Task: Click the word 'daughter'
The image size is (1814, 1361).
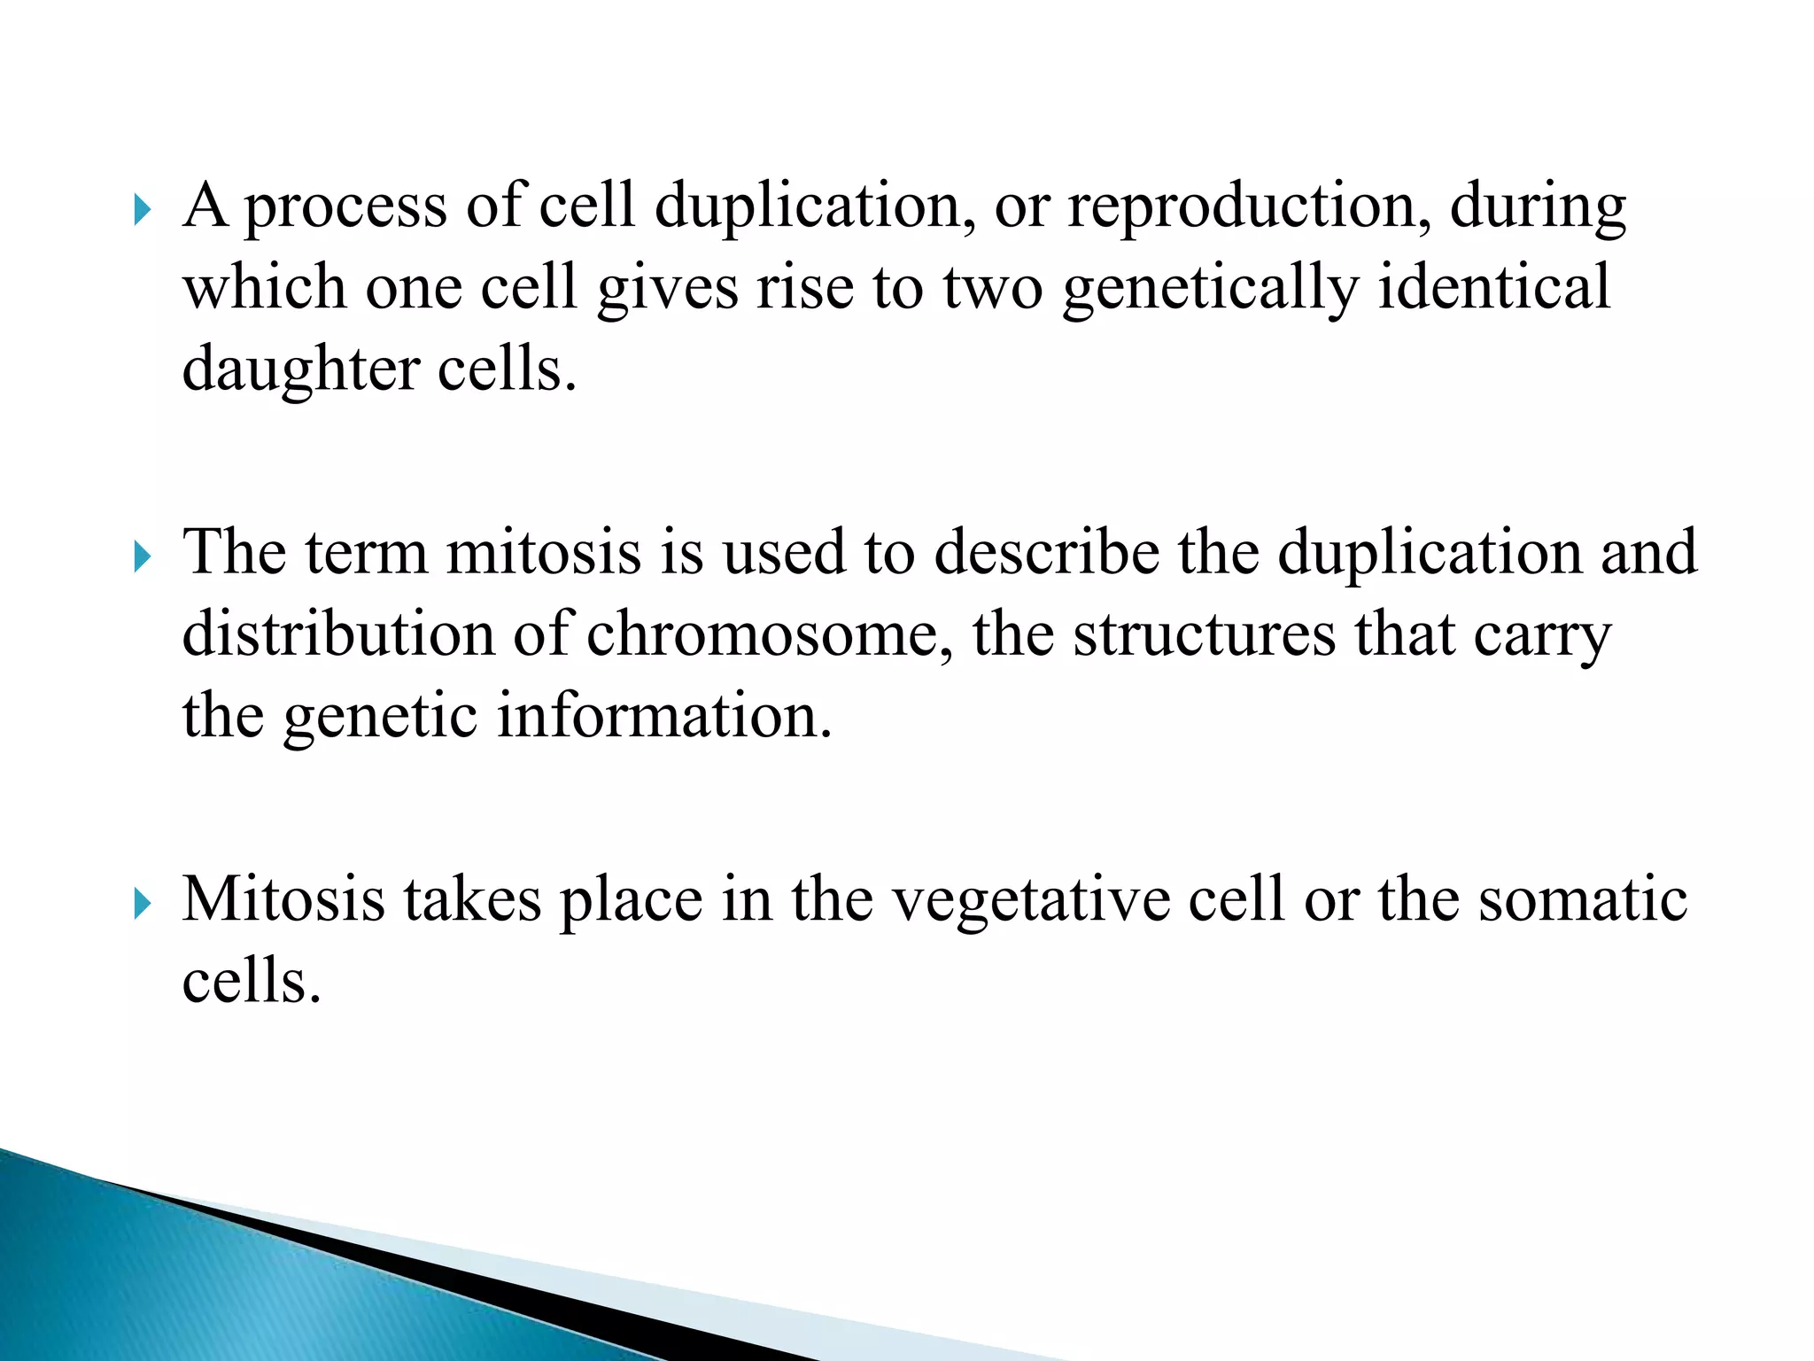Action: (x=300, y=371)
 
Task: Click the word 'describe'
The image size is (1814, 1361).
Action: (x=1046, y=553)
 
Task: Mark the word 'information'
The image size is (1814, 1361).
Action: (x=664, y=716)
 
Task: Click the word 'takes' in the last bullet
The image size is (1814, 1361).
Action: (x=472, y=900)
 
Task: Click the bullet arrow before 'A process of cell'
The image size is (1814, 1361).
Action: (x=143, y=211)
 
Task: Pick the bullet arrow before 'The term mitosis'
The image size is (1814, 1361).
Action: (x=143, y=558)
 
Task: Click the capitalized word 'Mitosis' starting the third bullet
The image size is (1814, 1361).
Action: (x=283, y=900)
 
